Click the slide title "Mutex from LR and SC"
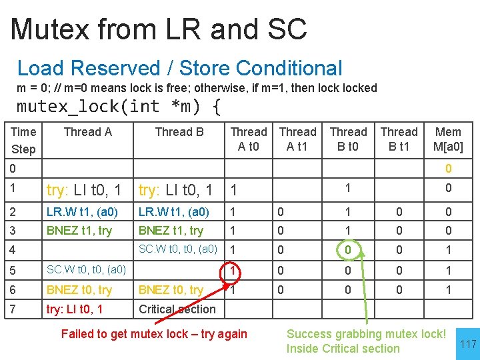tap(159, 29)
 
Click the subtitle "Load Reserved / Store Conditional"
tap(179, 68)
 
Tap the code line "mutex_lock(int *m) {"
tap(119, 106)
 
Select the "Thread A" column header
tap(87, 132)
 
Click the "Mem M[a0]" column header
tap(448, 139)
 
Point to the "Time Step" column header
tap(23, 139)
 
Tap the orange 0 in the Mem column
tap(449, 169)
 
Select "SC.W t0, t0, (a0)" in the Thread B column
tap(178, 249)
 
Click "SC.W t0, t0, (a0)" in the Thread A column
tap(86, 270)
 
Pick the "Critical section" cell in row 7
tap(177, 309)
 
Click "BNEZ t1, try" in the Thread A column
tap(79, 231)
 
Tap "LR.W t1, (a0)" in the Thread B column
tap(173, 212)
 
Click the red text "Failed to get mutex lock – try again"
tap(154, 334)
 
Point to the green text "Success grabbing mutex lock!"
tap(366, 333)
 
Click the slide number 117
tap(468, 344)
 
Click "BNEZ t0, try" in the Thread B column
tap(171, 290)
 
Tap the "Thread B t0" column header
tap(348, 139)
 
